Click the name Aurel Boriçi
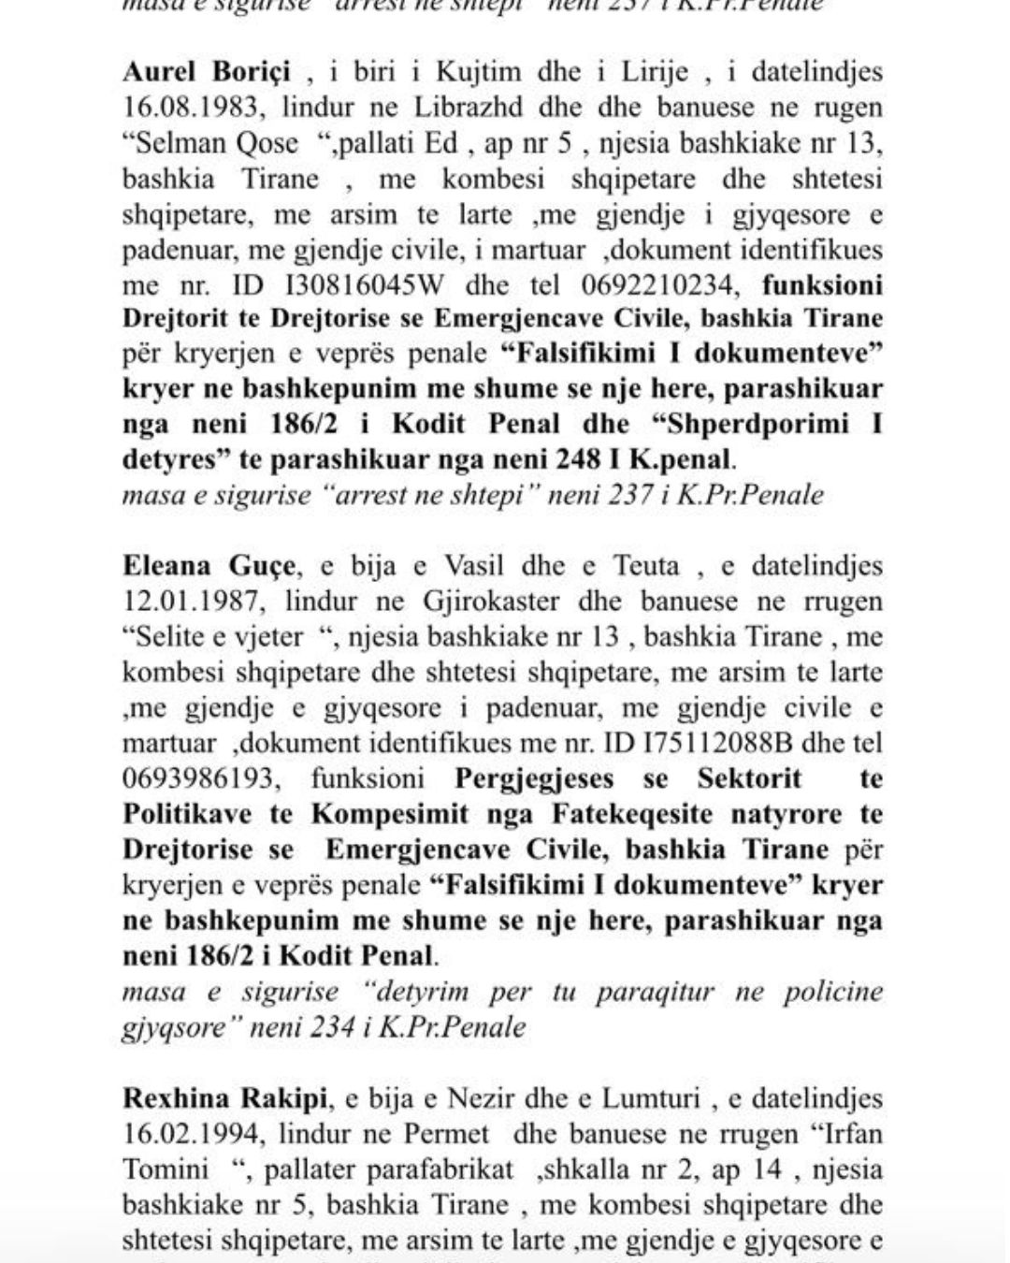[207, 72]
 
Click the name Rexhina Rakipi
[217, 1098]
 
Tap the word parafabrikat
[440, 1169]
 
